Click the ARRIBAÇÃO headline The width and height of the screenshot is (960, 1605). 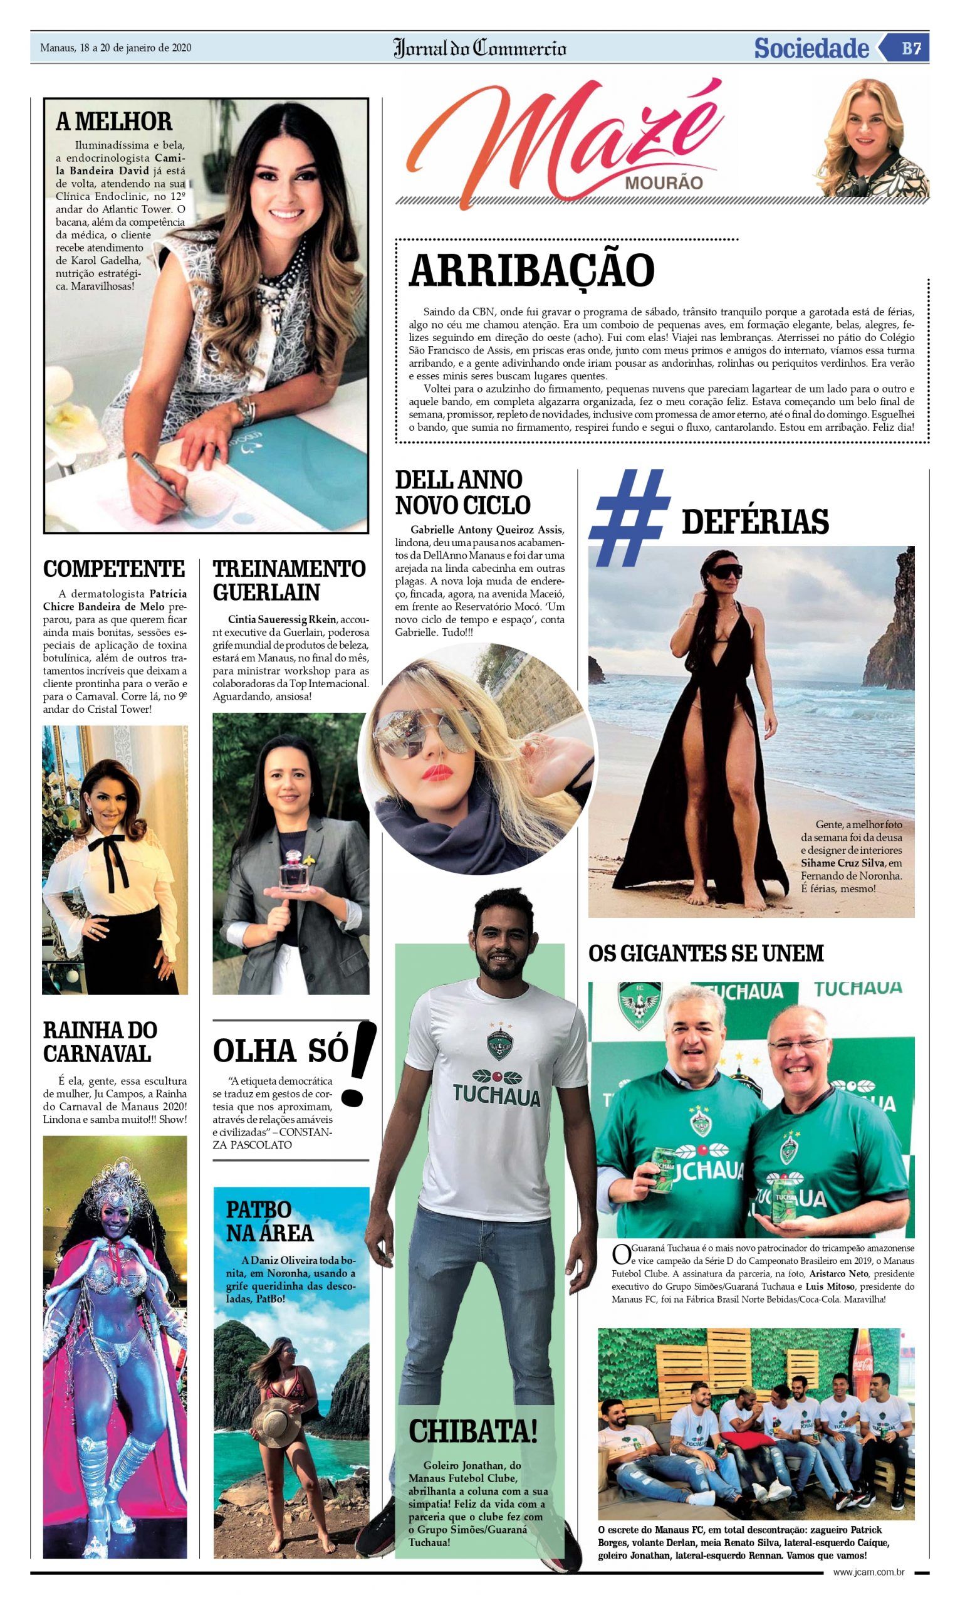point(532,270)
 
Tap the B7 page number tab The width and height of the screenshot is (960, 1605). point(911,48)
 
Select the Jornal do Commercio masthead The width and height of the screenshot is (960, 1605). point(479,48)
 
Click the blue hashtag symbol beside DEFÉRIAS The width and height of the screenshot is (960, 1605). point(628,517)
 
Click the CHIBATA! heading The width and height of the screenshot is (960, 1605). point(473,1431)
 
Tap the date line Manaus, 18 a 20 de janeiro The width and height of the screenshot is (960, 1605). point(116,48)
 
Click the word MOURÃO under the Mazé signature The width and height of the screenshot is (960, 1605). point(663,183)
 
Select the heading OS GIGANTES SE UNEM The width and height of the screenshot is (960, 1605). point(706,954)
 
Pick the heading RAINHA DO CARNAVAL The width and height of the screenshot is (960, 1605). point(100,1042)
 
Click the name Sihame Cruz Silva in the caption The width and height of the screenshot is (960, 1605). point(841,863)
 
